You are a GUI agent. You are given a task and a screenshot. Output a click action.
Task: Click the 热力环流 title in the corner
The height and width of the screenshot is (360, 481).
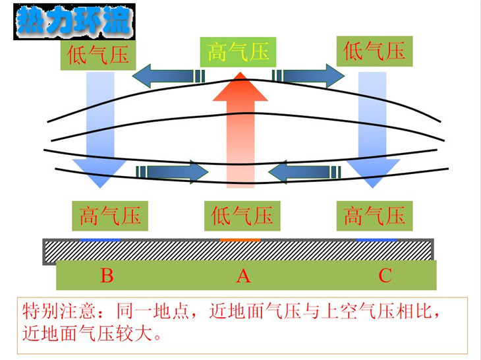click(74, 21)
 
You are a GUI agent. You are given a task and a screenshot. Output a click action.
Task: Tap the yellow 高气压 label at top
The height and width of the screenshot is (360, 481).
click(238, 52)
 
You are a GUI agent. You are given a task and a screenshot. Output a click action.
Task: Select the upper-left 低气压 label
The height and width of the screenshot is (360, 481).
click(98, 55)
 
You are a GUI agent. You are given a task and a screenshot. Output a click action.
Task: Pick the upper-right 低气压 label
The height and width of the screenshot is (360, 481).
click(374, 51)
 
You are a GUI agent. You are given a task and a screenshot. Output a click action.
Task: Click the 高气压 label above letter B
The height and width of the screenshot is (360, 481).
click(110, 216)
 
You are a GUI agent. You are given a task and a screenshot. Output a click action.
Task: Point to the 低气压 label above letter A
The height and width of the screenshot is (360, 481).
click(242, 216)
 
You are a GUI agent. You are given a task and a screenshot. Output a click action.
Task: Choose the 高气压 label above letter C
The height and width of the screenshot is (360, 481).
click(374, 216)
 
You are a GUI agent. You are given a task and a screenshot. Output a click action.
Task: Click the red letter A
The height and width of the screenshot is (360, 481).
click(243, 276)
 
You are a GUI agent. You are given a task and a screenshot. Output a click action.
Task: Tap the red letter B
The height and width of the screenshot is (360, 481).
click(107, 276)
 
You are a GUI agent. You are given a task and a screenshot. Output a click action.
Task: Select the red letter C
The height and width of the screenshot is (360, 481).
click(385, 276)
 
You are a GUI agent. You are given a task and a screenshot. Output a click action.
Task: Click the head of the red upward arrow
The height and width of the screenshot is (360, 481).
click(240, 87)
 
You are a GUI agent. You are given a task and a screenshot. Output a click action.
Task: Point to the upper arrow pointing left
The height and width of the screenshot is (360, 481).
click(169, 76)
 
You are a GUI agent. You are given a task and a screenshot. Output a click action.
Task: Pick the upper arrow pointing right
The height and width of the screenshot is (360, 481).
click(308, 76)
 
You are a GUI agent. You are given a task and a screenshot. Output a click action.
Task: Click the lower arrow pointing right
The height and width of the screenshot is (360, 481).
click(172, 172)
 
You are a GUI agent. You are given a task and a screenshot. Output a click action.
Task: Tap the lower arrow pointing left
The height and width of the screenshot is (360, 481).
click(304, 172)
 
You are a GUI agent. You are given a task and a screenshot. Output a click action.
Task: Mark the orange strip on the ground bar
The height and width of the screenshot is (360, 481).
click(240, 240)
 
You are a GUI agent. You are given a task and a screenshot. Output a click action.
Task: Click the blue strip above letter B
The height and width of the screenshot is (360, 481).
click(100, 240)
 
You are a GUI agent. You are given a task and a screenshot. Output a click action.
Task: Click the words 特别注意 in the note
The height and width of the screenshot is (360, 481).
click(58, 311)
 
